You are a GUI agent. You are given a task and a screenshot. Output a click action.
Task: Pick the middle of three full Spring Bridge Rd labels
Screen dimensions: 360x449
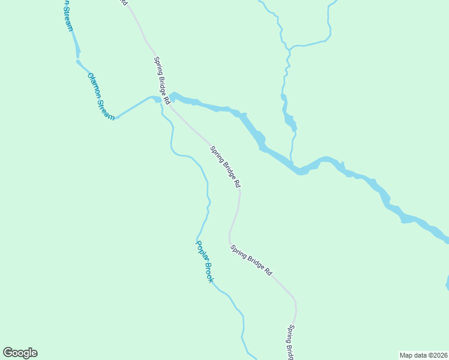226,166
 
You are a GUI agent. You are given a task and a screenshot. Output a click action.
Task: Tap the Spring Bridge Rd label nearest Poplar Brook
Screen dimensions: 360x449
251,260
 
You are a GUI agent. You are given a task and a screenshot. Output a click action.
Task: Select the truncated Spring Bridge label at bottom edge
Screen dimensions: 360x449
291,342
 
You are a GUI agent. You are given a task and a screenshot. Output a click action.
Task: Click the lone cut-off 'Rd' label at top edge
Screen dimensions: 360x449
124,3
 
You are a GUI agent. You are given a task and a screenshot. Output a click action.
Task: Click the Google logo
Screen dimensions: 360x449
20,353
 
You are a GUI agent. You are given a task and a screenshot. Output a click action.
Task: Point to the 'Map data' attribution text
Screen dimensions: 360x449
414,355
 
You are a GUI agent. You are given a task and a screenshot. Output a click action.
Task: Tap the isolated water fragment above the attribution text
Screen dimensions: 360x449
447,282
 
